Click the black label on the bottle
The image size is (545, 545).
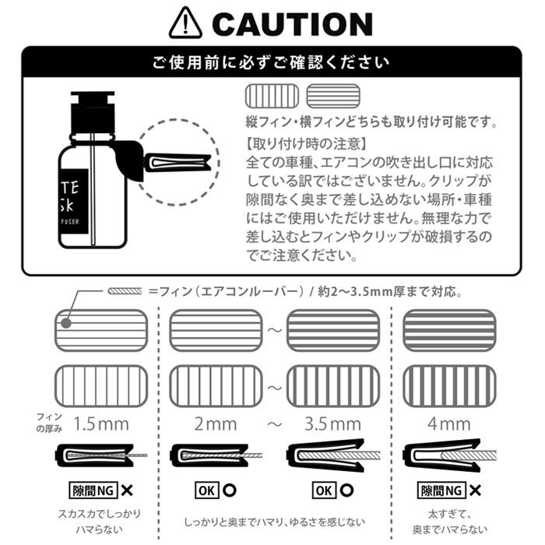click(x=77, y=203)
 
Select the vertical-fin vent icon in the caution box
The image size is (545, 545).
click(x=271, y=96)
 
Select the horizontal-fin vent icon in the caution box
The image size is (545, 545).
click(x=332, y=96)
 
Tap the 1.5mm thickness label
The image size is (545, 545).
click(x=101, y=424)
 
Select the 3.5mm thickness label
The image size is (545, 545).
click(x=332, y=424)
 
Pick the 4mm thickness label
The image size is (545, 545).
click(x=449, y=424)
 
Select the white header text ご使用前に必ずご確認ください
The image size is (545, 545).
click(x=271, y=62)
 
